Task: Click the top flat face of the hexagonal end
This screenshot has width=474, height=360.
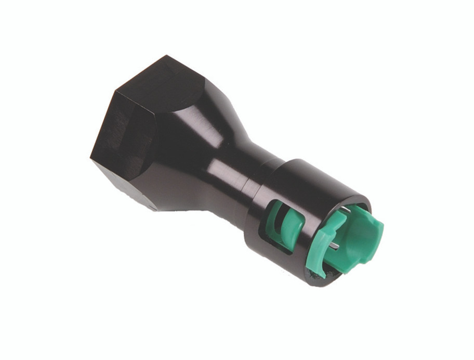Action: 156,83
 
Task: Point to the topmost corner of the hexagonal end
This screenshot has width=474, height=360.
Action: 168,56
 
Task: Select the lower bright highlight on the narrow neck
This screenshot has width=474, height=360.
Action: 229,179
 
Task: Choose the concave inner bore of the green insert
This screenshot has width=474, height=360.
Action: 359,239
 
